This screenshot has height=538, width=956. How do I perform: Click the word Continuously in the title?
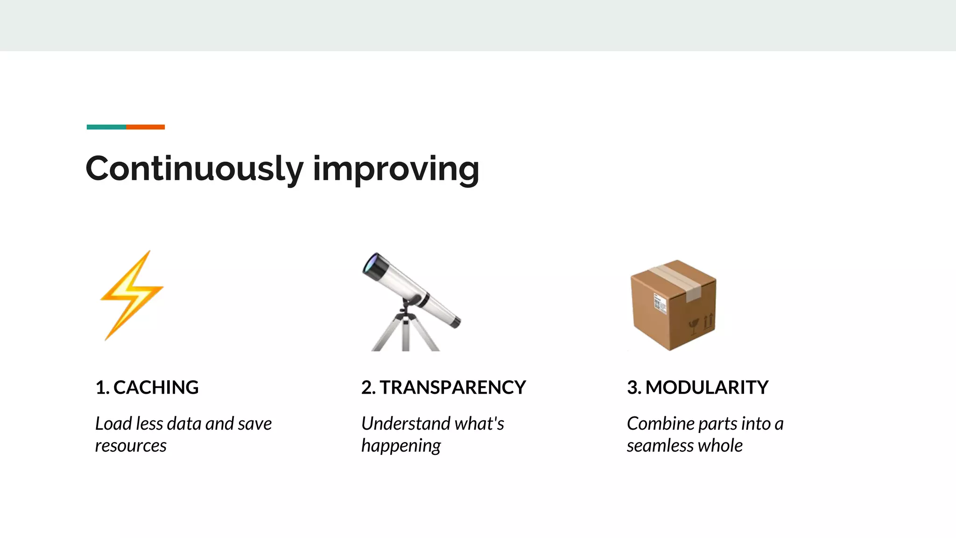tap(194, 169)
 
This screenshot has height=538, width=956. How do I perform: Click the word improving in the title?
tap(396, 169)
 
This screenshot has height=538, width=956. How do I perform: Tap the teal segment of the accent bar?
tap(106, 127)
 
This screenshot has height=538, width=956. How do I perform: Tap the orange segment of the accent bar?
tap(145, 127)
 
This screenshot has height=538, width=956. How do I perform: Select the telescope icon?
tap(411, 301)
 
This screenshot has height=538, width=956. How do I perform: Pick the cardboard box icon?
tap(673, 304)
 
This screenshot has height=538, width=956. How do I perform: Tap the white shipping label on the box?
tap(660, 304)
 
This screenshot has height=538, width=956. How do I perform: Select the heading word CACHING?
tap(156, 388)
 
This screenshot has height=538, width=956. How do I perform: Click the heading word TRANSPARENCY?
tap(452, 388)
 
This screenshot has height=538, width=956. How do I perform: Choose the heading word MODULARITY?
tap(707, 388)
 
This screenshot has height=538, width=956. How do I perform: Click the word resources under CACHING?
tap(131, 446)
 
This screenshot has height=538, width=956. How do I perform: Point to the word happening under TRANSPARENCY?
tap(401, 446)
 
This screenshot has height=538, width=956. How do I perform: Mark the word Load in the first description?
tap(113, 424)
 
